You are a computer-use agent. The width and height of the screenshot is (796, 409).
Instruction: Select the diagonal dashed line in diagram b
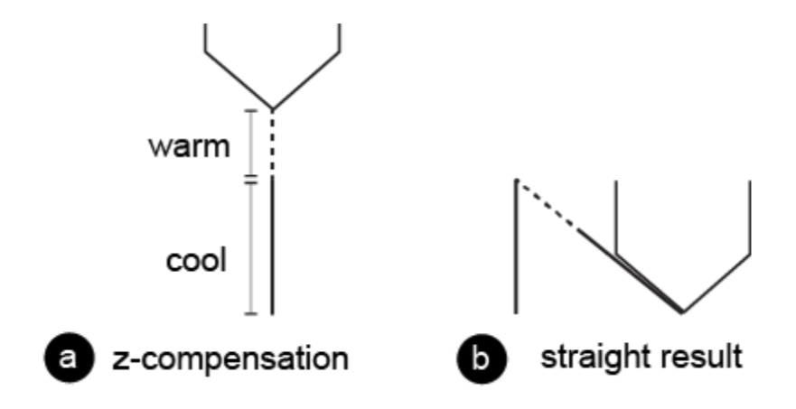point(548,206)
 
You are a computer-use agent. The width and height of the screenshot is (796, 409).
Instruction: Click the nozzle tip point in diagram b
point(682,312)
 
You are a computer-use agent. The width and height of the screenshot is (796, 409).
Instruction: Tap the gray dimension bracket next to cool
point(251,247)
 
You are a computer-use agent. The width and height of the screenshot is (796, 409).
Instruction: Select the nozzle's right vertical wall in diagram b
point(750,217)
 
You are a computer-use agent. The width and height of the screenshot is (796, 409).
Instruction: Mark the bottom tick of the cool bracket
point(251,314)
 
